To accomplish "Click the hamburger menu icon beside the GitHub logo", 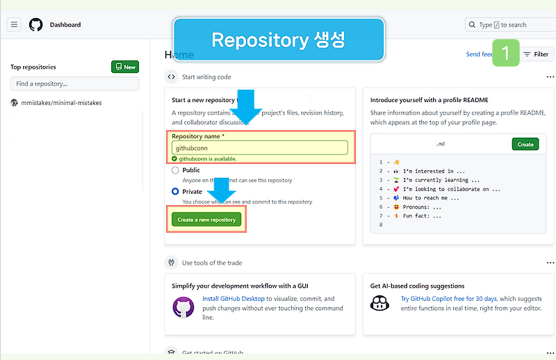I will (14, 24).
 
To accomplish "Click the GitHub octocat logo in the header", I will (35, 24).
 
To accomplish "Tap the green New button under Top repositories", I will (125, 67).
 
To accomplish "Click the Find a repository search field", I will (74, 83).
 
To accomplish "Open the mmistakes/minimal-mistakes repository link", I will (61, 103).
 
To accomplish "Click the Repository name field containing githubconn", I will (260, 147).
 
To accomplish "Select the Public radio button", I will (176, 170).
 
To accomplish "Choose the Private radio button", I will (176, 191).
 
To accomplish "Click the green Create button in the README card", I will (525, 144).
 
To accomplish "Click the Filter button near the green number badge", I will (536, 54).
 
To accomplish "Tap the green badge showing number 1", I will (506, 53).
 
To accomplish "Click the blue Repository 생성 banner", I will (278, 40).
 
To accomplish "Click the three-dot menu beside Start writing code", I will (550, 77).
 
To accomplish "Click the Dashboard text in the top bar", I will (65, 24).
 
